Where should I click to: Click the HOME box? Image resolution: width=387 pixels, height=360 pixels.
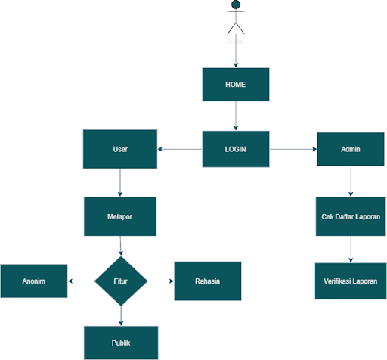[x=236, y=84]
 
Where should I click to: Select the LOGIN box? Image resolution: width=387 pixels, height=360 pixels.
[x=236, y=148]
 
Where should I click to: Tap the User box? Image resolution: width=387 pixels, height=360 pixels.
[x=120, y=149]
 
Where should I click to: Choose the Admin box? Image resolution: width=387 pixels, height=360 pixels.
[x=350, y=149]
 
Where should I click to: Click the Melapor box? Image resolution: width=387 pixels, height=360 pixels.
[x=120, y=216]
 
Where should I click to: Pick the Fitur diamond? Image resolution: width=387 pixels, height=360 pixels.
[x=120, y=281]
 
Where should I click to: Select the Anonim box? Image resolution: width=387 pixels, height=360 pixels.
[x=34, y=281]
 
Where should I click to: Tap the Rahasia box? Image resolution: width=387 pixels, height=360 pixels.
[x=207, y=281]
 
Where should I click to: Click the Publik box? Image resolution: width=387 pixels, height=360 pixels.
[x=120, y=343]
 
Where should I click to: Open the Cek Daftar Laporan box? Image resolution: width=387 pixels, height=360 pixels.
[x=350, y=216]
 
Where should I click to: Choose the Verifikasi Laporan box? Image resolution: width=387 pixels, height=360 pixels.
[x=350, y=281]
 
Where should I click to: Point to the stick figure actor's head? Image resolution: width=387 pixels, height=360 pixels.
[x=236, y=5]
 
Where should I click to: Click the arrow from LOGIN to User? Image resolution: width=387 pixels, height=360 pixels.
[x=180, y=149]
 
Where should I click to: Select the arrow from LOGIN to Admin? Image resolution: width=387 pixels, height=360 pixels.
[x=293, y=149]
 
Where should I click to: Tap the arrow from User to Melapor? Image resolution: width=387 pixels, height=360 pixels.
[x=120, y=182]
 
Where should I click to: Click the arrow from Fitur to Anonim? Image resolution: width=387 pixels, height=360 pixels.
[x=82, y=281]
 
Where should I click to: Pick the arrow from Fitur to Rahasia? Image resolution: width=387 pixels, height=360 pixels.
[x=159, y=281]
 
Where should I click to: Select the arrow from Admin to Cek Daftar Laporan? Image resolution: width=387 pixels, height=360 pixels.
[x=350, y=182]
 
